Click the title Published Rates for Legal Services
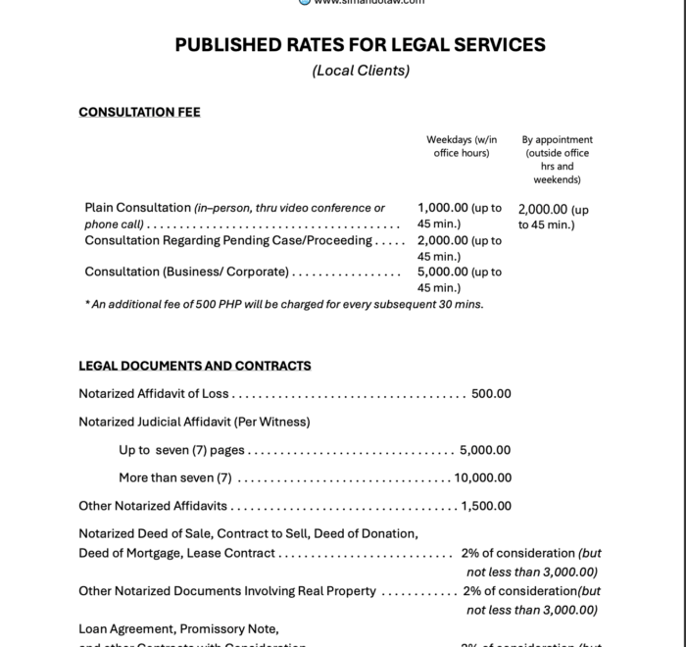[360, 45]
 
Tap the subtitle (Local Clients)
[360, 71]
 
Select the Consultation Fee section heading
[139, 112]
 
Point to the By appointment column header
[557, 159]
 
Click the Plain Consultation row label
[137, 208]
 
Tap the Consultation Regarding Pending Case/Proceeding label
[227, 240]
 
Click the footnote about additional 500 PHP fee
[284, 304]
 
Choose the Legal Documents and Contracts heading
[195, 366]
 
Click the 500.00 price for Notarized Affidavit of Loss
[491, 394]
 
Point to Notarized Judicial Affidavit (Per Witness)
[194, 422]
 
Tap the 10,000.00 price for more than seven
[483, 478]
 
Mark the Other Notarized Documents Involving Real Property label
[227, 591]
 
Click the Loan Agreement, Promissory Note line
[178, 628]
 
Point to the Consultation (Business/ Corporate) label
[186, 272]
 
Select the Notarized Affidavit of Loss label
[153, 394]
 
